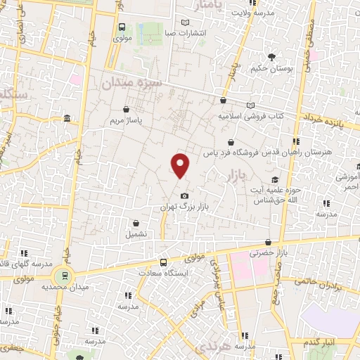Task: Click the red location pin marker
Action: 181,165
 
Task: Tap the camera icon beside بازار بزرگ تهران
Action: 184,195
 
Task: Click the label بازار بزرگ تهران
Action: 184,207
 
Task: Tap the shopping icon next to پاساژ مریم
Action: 126,110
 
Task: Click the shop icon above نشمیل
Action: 134,222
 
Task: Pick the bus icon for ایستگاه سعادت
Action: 164,262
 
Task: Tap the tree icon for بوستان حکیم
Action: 271,57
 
